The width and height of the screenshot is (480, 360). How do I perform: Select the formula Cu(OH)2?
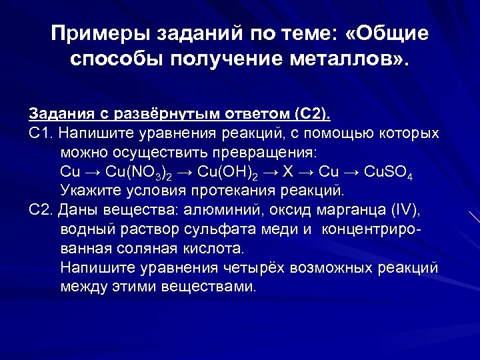pos(227,171)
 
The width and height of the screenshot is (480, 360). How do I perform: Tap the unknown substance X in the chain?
pos(288,171)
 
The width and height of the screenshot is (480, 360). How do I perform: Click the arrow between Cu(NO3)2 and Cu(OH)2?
pos(186,171)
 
